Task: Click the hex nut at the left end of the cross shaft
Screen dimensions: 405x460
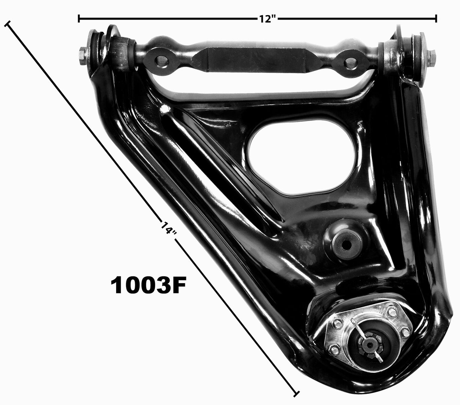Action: point(82,52)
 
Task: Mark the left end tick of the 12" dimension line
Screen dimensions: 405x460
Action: point(79,19)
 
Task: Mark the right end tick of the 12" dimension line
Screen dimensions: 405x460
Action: point(436,19)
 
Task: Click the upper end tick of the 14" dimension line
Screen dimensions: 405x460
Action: point(7,24)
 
